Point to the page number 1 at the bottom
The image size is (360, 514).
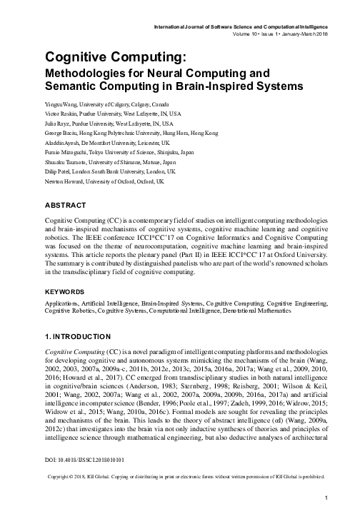(x=325, y=498)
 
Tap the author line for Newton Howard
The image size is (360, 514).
(x=106, y=181)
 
